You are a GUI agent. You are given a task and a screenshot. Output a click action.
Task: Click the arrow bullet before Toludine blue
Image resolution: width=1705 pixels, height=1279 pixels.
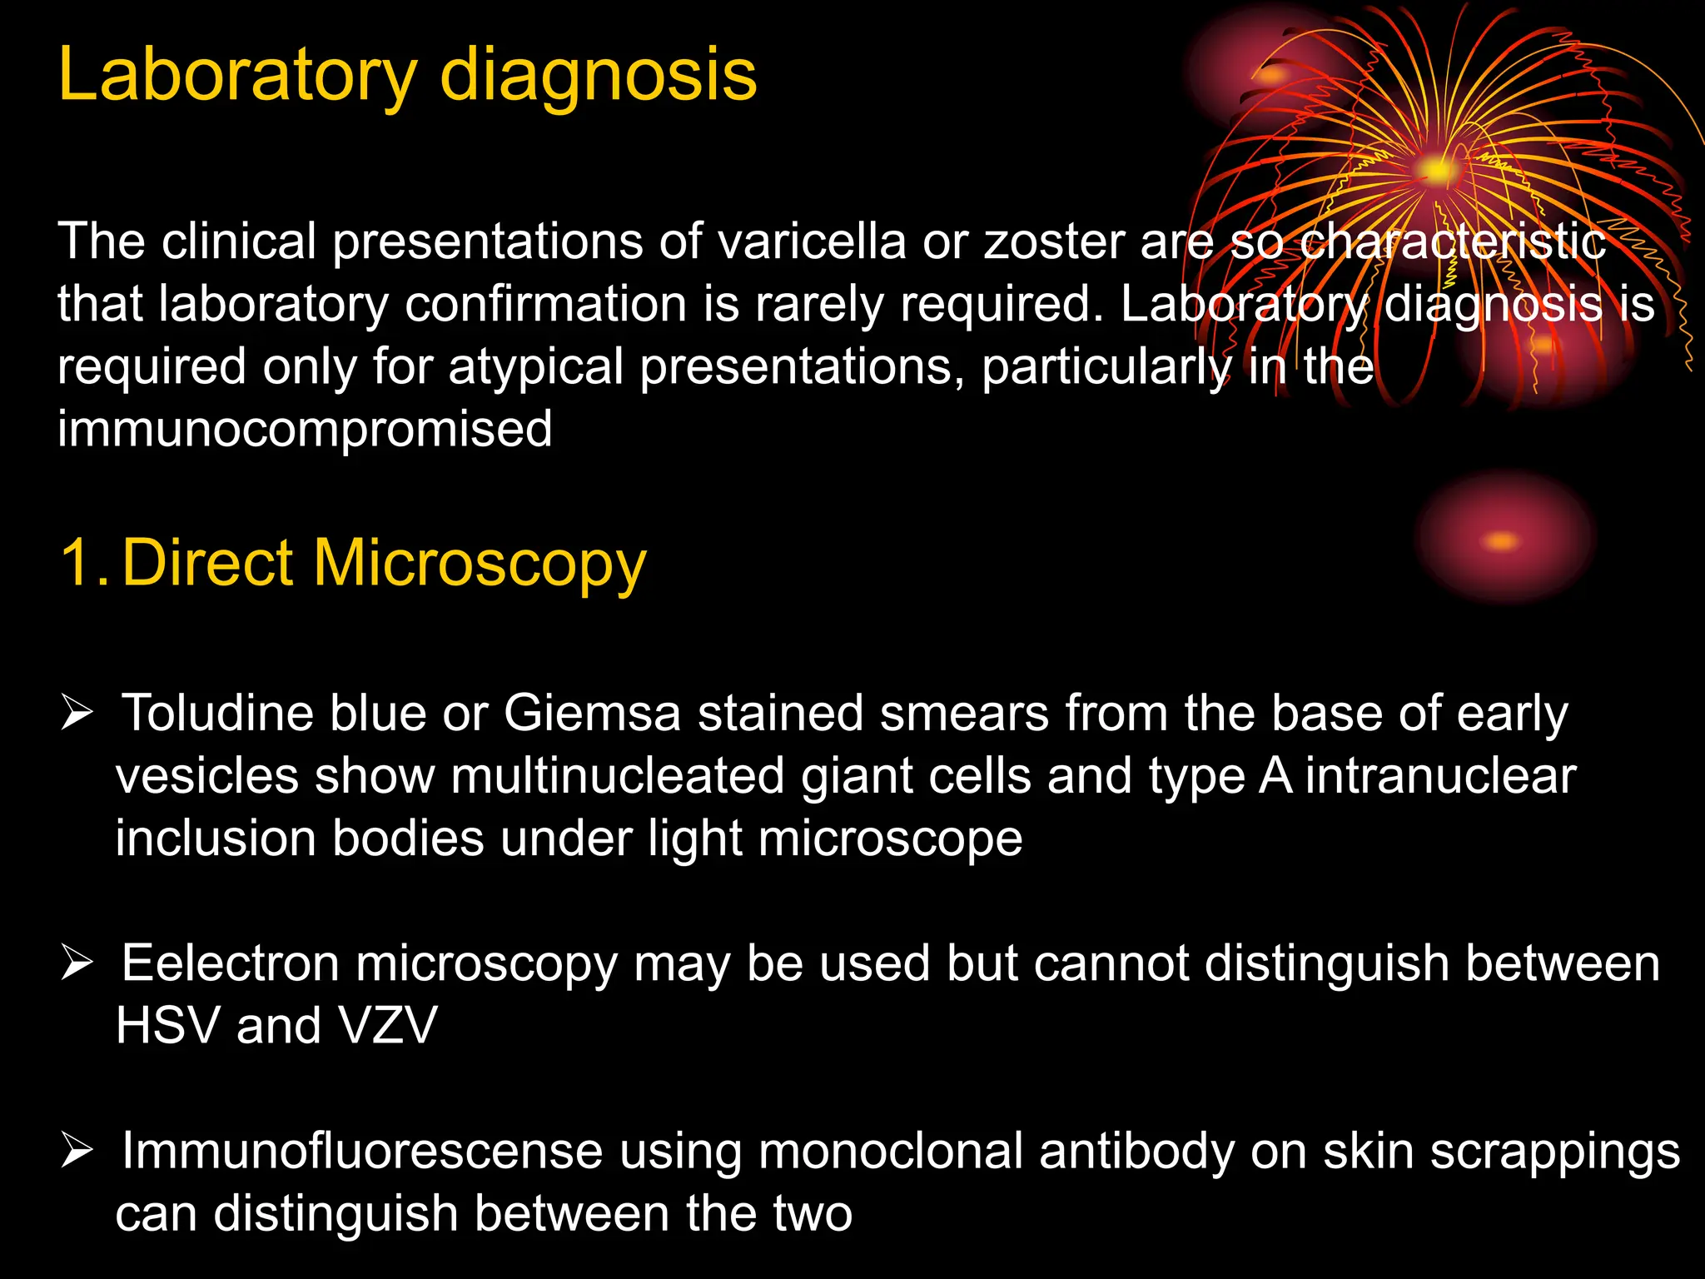[77, 714]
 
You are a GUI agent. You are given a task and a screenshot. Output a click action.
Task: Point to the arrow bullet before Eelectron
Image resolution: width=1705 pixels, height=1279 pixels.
[77, 963]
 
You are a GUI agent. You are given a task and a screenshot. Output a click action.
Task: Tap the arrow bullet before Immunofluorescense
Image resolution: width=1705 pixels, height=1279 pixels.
[77, 1152]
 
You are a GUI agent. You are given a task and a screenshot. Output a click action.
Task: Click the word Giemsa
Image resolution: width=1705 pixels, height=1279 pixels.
[592, 714]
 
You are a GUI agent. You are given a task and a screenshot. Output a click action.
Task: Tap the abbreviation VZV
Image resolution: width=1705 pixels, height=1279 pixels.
[388, 1025]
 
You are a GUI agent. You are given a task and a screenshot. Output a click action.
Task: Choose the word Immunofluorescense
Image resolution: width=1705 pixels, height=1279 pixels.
[362, 1152]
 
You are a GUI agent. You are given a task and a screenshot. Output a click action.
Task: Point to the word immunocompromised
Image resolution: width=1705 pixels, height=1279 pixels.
[305, 429]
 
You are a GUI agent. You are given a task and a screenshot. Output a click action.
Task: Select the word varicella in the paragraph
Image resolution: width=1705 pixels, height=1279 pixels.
[812, 241]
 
